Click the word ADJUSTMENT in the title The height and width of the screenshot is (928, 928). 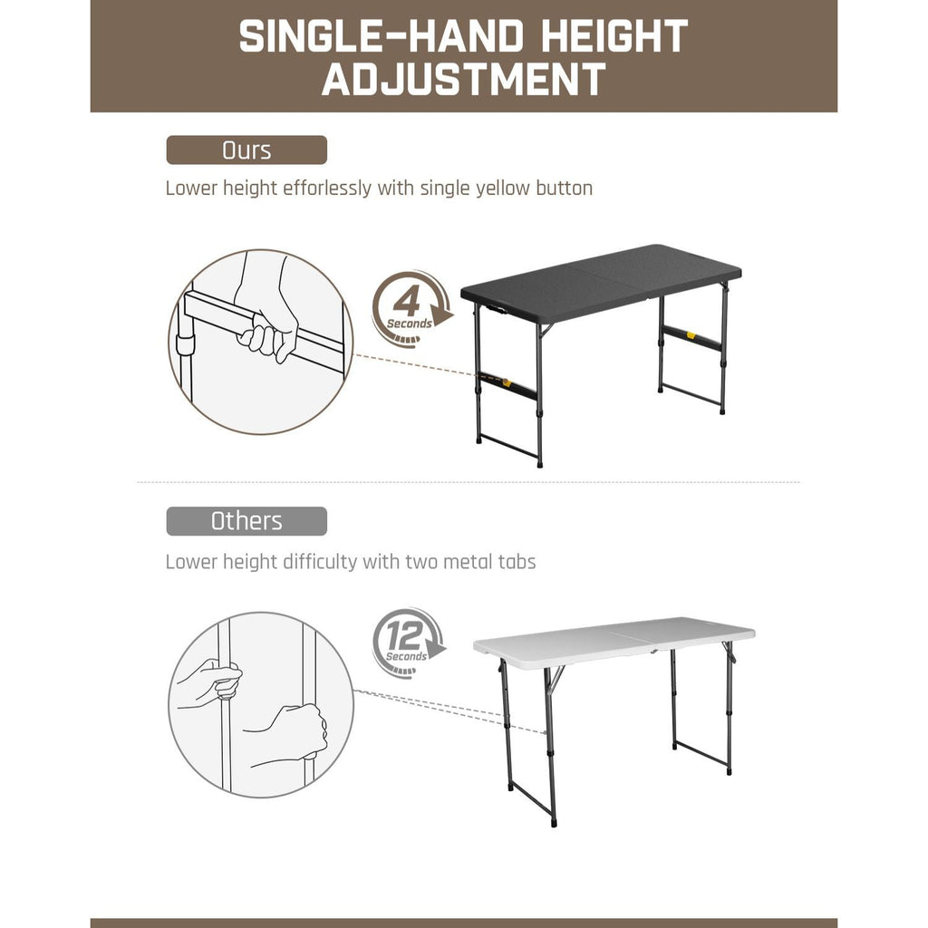coord(464,79)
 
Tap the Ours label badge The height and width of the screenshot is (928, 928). coord(246,150)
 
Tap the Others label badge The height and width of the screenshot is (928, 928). coord(246,521)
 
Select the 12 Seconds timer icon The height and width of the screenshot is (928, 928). coord(408,642)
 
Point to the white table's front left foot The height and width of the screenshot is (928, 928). coord(554,823)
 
